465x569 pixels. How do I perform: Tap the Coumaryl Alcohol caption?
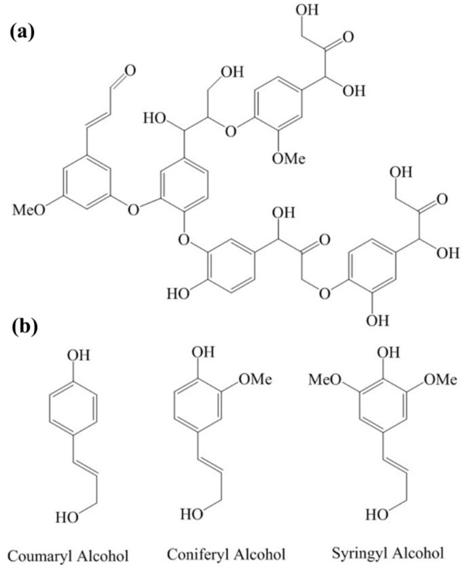pos(68,555)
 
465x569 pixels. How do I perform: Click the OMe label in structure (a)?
pos(289,159)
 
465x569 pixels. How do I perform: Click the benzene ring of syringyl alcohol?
pos(383,407)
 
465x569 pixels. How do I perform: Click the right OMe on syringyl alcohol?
pos(440,380)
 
